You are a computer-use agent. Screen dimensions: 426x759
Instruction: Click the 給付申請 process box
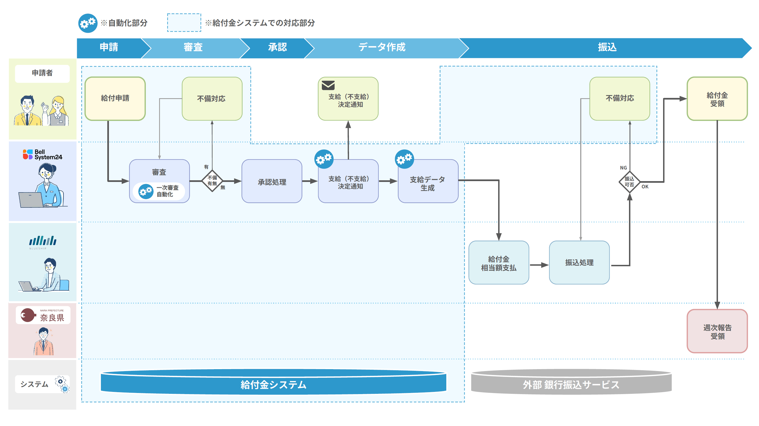click(115, 98)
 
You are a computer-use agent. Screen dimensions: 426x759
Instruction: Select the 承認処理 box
click(272, 181)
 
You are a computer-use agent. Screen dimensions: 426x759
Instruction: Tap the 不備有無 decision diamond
click(212, 181)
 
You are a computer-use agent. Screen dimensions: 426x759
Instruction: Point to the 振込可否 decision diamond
click(629, 182)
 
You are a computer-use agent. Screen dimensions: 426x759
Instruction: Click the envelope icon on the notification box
click(328, 85)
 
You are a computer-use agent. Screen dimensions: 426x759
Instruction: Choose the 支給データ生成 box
click(428, 181)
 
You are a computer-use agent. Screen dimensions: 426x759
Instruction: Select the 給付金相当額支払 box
click(498, 263)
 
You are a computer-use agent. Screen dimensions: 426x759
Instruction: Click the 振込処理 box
click(579, 263)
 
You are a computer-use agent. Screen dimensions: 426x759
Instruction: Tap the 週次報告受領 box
click(717, 331)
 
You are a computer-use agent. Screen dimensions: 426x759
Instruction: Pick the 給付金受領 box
click(717, 99)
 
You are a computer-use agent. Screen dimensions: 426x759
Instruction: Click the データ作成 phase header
click(382, 47)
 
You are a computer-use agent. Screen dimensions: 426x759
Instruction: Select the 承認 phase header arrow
click(277, 47)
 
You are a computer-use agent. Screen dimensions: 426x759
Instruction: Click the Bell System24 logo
click(42, 154)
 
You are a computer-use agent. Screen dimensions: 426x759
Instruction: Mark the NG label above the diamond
click(623, 168)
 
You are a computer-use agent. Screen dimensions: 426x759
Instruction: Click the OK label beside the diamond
click(645, 187)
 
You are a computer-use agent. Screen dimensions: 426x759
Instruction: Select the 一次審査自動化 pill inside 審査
click(159, 191)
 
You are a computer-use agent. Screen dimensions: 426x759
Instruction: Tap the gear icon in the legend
click(88, 23)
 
